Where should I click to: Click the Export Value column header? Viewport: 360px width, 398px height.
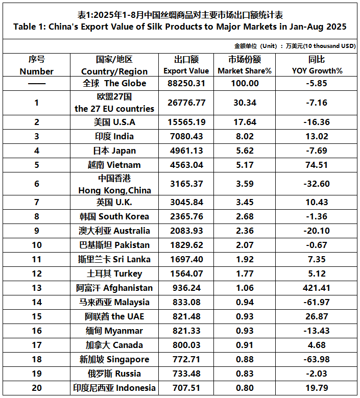tap(186, 65)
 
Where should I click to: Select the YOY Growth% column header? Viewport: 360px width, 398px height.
tap(317, 65)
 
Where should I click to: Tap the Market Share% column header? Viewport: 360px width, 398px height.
tap(245, 65)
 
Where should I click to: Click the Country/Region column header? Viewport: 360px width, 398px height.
tap(114, 65)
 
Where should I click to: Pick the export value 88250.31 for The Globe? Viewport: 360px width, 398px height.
tap(186, 83)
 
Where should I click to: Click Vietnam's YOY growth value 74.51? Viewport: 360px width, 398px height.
tap(317, 165)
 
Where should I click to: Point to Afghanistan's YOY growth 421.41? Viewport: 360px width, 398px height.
tap(317, 288)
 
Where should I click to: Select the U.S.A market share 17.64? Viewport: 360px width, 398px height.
tap(245, 122)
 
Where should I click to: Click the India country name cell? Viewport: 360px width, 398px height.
tap(114, 136)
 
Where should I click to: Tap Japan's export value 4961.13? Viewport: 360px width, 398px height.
tap(186, 151)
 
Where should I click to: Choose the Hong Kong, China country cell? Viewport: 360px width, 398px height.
tap(114, 184)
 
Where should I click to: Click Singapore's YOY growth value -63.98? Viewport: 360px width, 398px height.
tap(317, 359)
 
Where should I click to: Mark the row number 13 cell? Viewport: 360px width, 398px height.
tap(37, 288)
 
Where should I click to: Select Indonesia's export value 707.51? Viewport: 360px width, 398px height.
tap(186, 388)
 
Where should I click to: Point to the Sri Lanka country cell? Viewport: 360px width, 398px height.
tap(114, 259)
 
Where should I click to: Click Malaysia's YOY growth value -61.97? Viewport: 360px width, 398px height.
tap(317, 302)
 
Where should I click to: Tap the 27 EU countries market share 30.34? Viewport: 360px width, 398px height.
tap(245, 103)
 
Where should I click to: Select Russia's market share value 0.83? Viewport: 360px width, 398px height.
tap(245, 374)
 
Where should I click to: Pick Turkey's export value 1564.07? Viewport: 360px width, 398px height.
tap(186, 273)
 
